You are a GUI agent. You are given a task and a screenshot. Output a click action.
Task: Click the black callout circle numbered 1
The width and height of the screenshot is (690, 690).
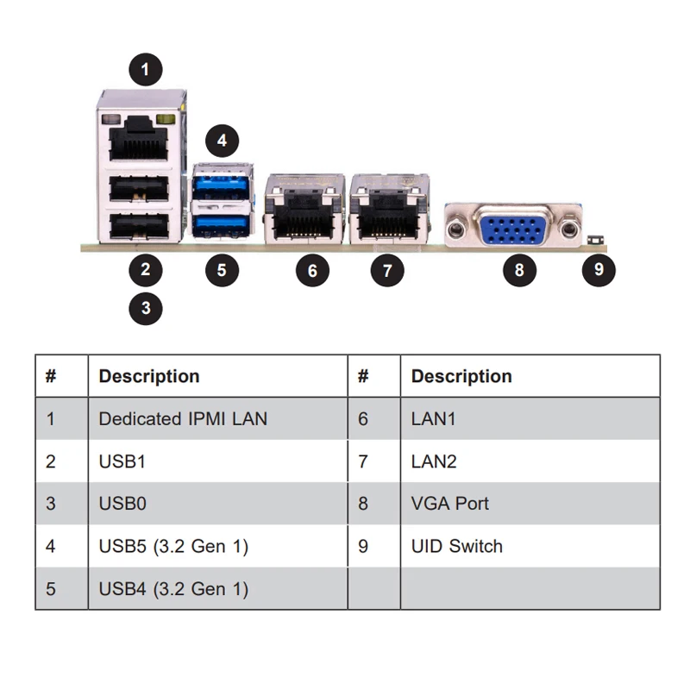[x=146, y=68]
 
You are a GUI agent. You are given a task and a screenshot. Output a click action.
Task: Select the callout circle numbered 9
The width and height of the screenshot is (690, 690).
[x=599, y=269]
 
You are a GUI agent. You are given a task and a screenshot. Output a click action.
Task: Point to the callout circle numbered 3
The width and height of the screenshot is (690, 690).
[x=146, y=308]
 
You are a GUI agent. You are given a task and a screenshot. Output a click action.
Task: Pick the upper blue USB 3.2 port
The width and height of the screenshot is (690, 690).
[x=223, y=185]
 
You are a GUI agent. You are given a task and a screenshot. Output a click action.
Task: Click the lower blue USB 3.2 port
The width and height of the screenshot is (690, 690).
[x=223, y=226]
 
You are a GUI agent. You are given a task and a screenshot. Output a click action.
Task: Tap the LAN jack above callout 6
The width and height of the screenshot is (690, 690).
[x=299, y=216]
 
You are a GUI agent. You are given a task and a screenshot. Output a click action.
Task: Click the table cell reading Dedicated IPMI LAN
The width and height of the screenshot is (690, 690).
[x=183, y=419]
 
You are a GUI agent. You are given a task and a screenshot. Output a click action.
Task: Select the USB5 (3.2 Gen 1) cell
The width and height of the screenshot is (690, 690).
[x=173, y=546]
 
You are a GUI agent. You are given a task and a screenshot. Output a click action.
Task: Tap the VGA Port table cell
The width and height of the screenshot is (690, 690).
[x=449, y=504]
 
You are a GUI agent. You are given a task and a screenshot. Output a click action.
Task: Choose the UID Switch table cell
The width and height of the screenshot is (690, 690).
[x=456, y=546]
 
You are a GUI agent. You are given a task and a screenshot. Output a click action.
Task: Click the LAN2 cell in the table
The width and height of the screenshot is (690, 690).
[x=433, y=461]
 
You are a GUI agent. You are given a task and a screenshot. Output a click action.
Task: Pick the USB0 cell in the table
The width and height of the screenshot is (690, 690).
[x=122, y=504]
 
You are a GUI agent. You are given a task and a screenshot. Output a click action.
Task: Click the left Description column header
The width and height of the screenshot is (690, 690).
[x=149, y=377]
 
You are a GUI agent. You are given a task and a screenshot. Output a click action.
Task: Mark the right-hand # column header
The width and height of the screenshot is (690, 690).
[x=363, y=377]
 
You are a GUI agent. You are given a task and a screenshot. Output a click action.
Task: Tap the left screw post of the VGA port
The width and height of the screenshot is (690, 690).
[x=457, y=229]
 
